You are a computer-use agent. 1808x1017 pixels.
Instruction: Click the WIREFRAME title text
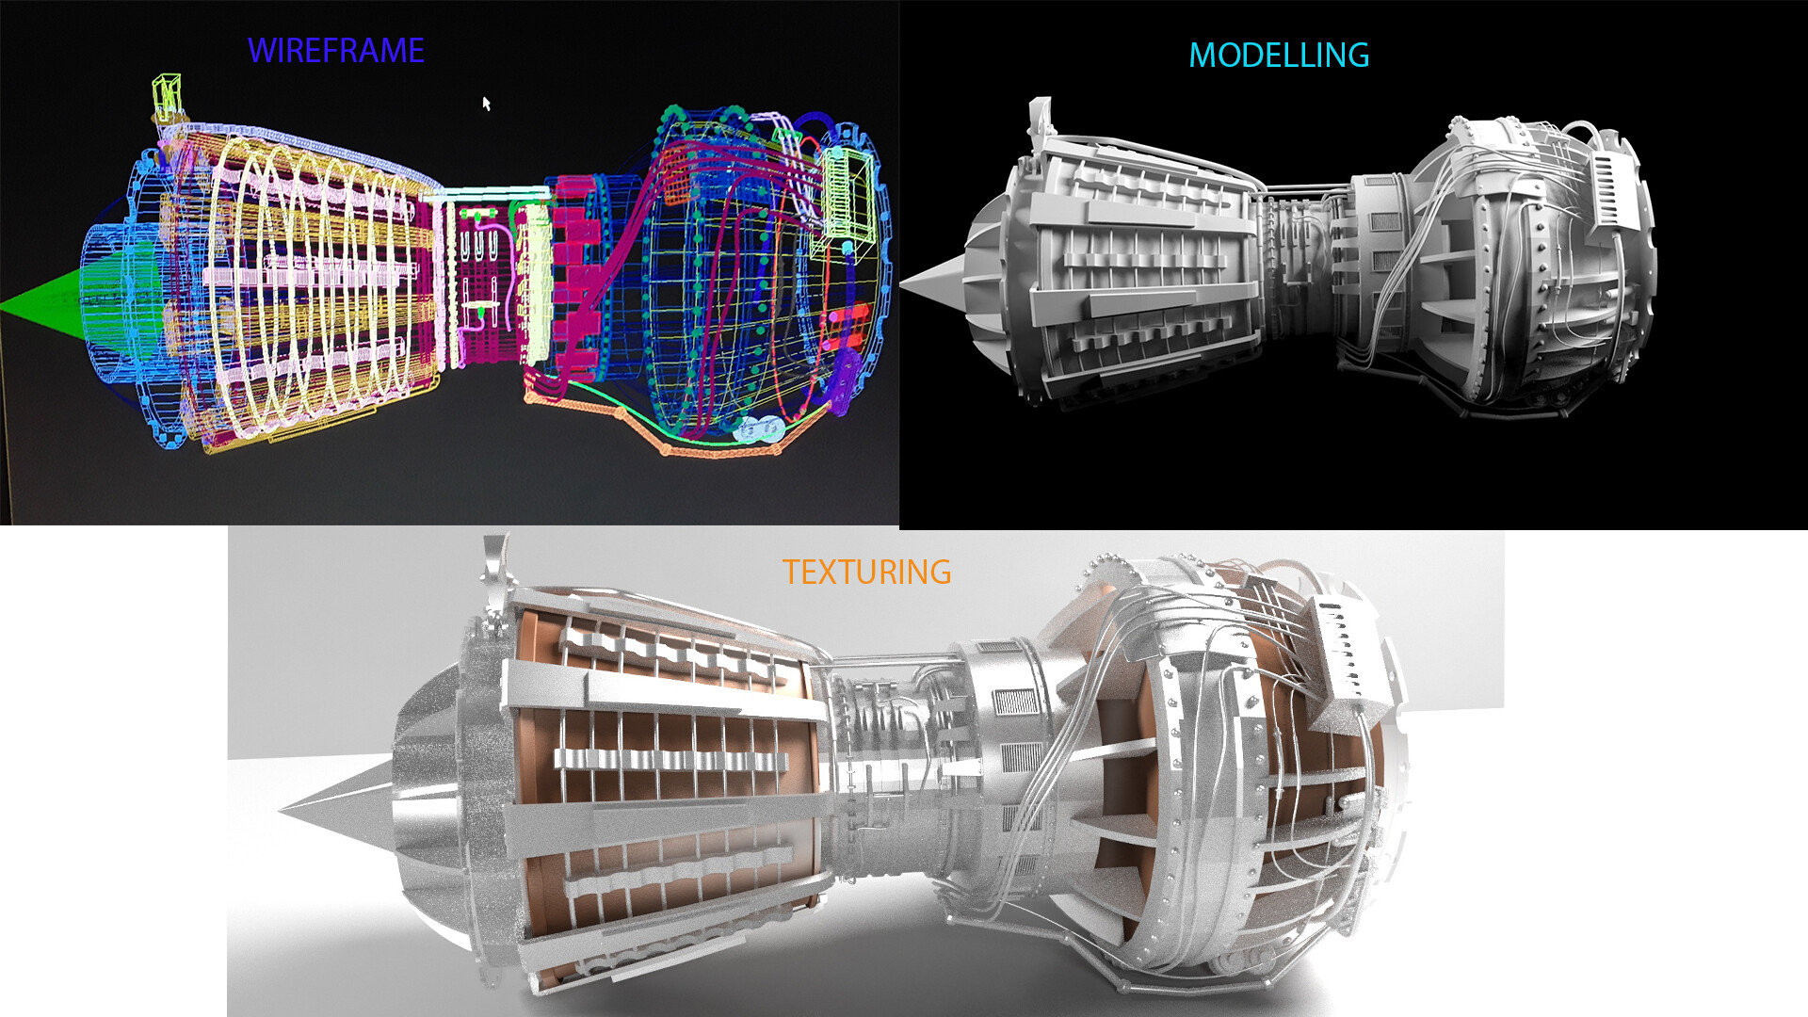336,51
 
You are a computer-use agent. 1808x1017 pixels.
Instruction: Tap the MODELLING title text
1279,56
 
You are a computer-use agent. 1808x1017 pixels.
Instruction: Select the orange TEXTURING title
866,572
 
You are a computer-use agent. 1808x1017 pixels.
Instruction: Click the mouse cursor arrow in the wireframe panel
487,104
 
